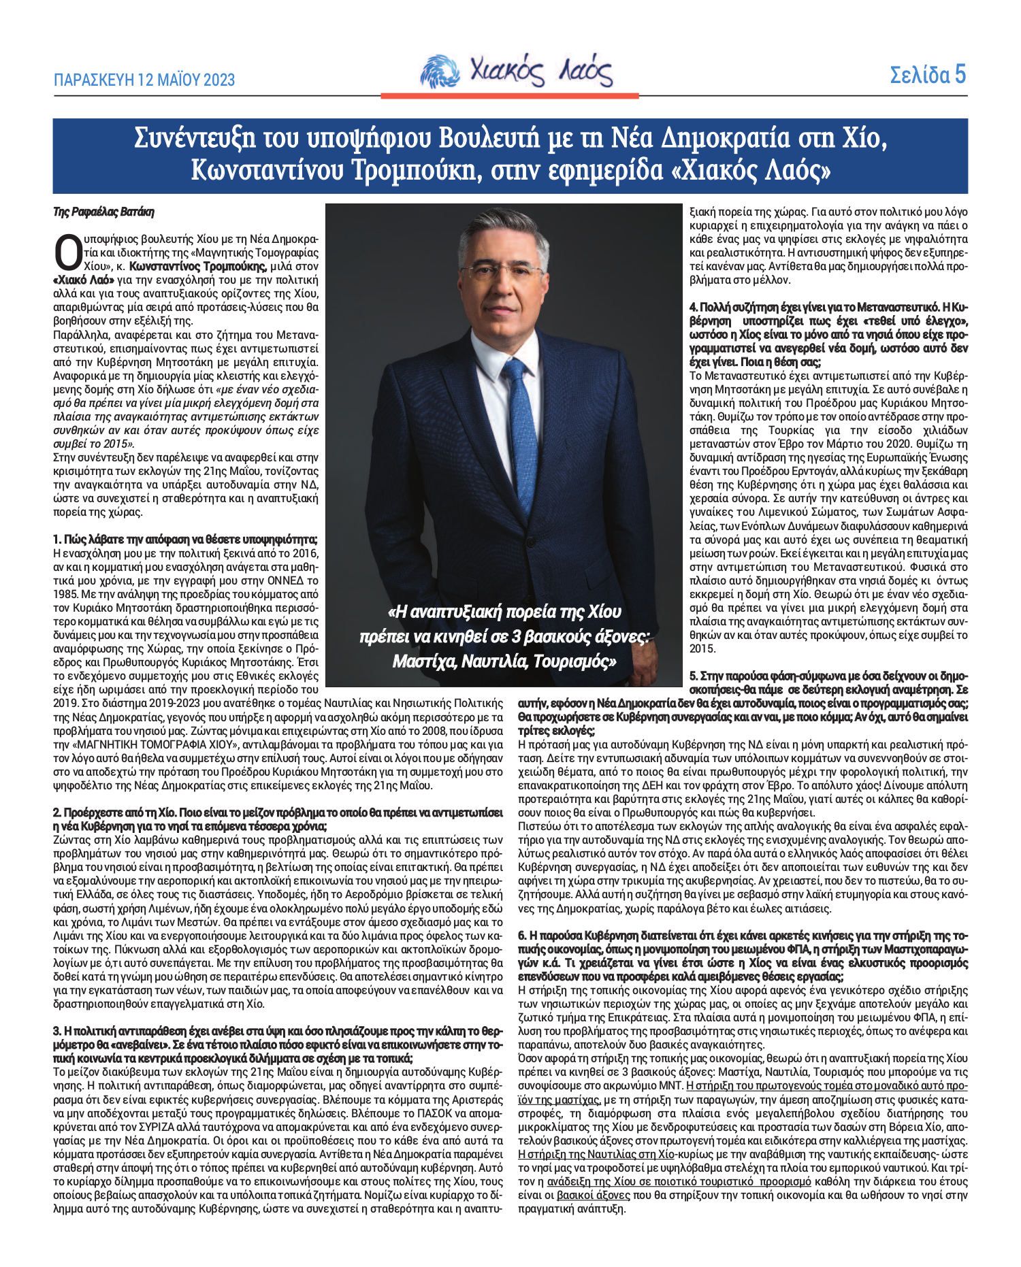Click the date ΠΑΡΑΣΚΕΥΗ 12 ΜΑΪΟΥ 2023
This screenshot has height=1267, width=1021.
(x=144, y=80)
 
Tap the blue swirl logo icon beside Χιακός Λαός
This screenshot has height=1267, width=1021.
(x=439, y=71)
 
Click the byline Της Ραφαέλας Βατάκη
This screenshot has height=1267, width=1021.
(x=103, y=212)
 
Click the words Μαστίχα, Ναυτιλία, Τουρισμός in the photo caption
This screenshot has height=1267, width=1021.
(x=504, y=661)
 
